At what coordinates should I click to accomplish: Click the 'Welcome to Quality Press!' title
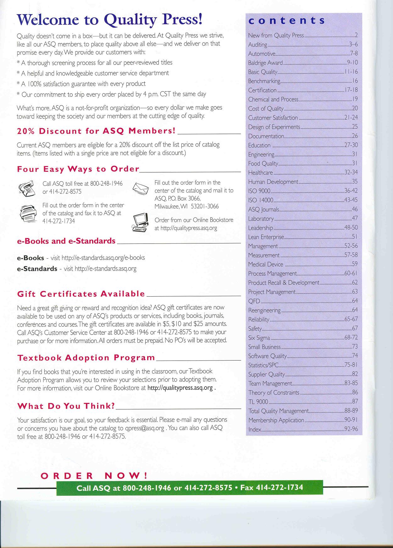[110, 20]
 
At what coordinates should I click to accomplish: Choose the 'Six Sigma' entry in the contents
[259, 338]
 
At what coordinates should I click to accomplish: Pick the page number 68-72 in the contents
[351, 338]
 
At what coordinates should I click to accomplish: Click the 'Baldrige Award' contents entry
[265, 63]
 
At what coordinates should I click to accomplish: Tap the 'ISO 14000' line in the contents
[261, 200]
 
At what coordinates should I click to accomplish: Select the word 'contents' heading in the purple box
[286, 20]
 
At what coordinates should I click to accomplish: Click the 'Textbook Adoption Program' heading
[86, 358]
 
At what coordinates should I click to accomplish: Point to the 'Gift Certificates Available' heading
[81, 294]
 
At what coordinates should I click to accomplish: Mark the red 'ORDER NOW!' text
[94, 476]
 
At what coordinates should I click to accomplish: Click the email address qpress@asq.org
[145, 428]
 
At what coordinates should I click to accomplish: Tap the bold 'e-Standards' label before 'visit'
[37, 269]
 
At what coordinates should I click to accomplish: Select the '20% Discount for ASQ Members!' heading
[96, 131]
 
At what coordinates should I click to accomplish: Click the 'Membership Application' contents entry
[276, 420]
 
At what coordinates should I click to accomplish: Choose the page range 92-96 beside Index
[351, 429]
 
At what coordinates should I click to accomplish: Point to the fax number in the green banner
[280, 488]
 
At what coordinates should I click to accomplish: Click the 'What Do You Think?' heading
[66, 406]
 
